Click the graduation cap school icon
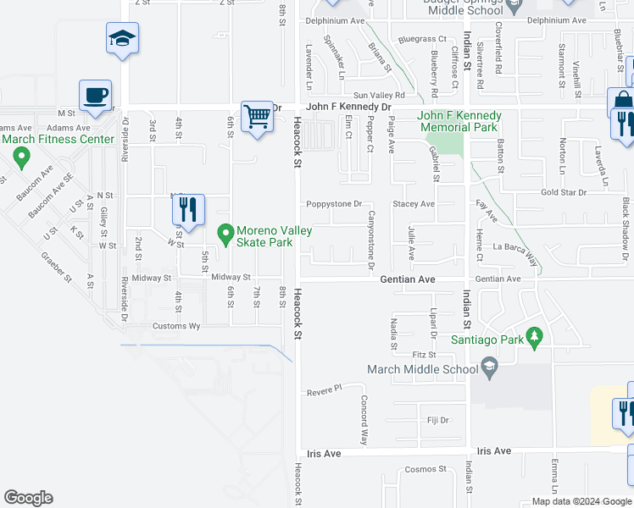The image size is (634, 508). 122,38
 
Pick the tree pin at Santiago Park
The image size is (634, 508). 534,338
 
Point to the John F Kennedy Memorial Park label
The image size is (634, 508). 459,121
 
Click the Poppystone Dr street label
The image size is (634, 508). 334,204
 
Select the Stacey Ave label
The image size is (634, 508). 414,204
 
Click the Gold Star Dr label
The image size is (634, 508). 564,193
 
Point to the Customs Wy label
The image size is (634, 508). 176,326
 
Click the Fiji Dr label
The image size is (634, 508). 437,420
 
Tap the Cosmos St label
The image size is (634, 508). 425,469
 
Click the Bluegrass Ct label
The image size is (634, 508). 422,39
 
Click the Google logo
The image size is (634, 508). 28,498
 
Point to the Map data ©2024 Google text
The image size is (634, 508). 581,501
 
